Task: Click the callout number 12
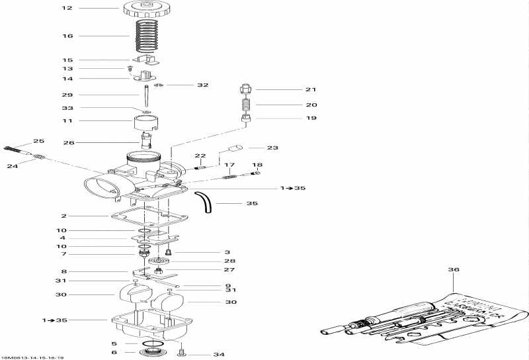pyautogui.click(x=66, y=9)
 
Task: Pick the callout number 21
pyautogui.click(x=311, y=89)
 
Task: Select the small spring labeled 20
pyautogui.click(x=245, y=104)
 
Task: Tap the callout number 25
pyautogui.click(x=38, y=141)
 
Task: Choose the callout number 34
pyautogui.click(x=219, y=355)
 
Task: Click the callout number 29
pyautogui.click(x=66, y=95)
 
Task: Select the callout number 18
pyautogui.click(x=257, y=165)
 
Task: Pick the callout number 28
pyautogui.click(x=229, y=261)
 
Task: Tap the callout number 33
pyautogui.click(x=66, y=108)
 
